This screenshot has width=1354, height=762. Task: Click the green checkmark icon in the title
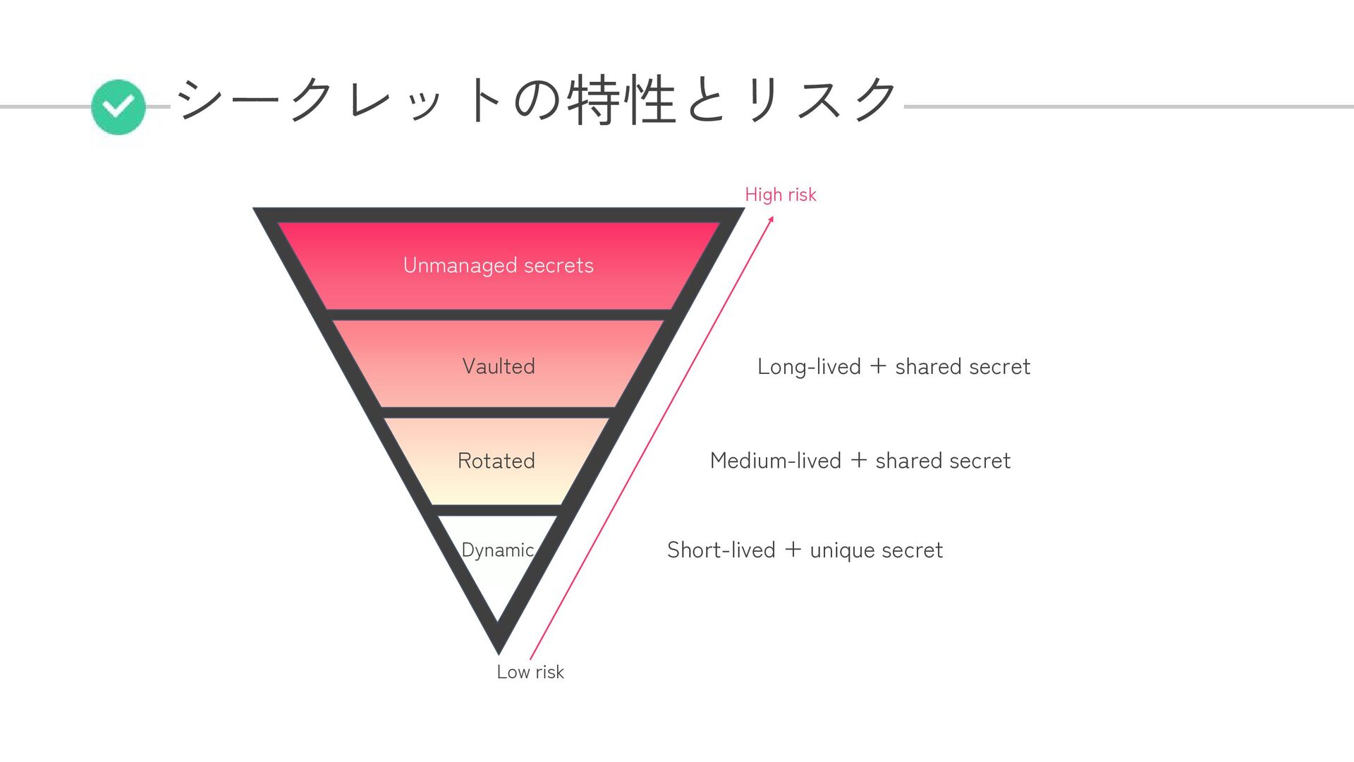pos(118,107)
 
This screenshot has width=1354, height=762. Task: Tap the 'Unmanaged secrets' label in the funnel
pos(498,265)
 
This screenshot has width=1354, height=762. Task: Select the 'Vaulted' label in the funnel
pos(498,366)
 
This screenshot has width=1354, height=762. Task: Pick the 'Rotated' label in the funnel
pos(496,461)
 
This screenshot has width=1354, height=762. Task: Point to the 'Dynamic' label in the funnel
pos(497,550)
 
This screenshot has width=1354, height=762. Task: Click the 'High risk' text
pos(780,195)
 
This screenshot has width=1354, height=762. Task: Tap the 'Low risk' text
pos(530,672)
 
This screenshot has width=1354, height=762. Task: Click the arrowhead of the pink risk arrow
pos(771,219)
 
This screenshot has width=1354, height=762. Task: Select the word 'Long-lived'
pos(809,367)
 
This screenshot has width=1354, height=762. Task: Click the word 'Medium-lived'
pos(775,461)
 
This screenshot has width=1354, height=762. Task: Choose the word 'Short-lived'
pos(721,550)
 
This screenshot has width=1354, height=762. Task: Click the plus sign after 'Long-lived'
pos(878,366)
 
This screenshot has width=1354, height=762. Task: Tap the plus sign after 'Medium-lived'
pos(858,460)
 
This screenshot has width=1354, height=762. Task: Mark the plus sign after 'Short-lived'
pos(793,549)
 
